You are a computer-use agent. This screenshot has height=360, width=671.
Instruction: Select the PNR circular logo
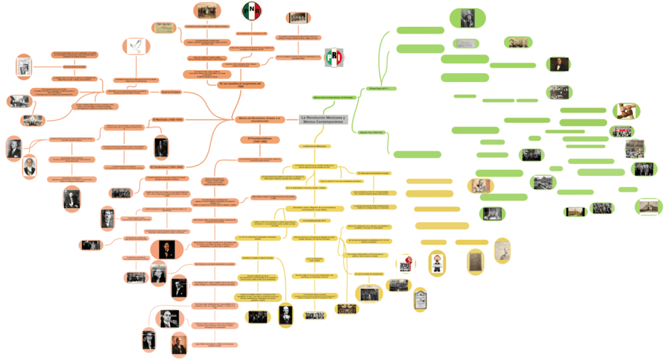coord(252,11)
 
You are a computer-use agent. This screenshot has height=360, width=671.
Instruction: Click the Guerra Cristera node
coord(172,92)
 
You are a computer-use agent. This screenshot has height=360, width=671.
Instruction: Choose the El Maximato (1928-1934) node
coord(168,119)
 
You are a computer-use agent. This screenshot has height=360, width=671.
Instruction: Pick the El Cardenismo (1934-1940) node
coord(166,167)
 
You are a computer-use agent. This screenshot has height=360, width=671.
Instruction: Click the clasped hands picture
coord(623,111)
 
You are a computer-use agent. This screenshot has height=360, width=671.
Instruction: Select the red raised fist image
coord(406,264)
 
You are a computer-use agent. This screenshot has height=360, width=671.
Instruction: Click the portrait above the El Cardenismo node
coord(162,147)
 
